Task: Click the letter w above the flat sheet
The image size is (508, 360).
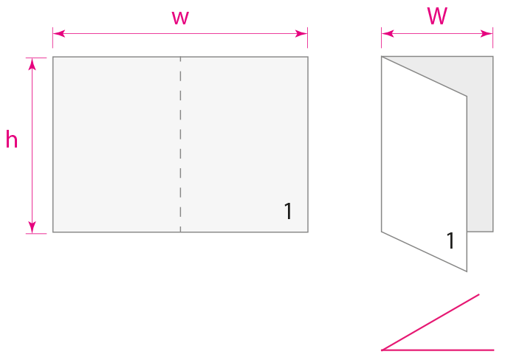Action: tap(180, 18)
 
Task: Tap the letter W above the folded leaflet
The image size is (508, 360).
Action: tap(437, 17)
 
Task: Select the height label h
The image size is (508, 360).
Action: tap(12, 140)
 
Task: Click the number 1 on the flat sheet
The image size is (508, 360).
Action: tap(288, 212)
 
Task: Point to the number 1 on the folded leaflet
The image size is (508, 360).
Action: tap(450, 240)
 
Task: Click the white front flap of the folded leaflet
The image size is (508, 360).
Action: tap(424, 170)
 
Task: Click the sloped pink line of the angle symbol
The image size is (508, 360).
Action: tap(432, 322)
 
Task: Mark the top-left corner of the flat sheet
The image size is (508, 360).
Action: tap(53, 57)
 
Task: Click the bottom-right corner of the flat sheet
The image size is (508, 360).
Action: tap(307, 232)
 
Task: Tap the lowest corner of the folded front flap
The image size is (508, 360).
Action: tap(467, 271)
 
